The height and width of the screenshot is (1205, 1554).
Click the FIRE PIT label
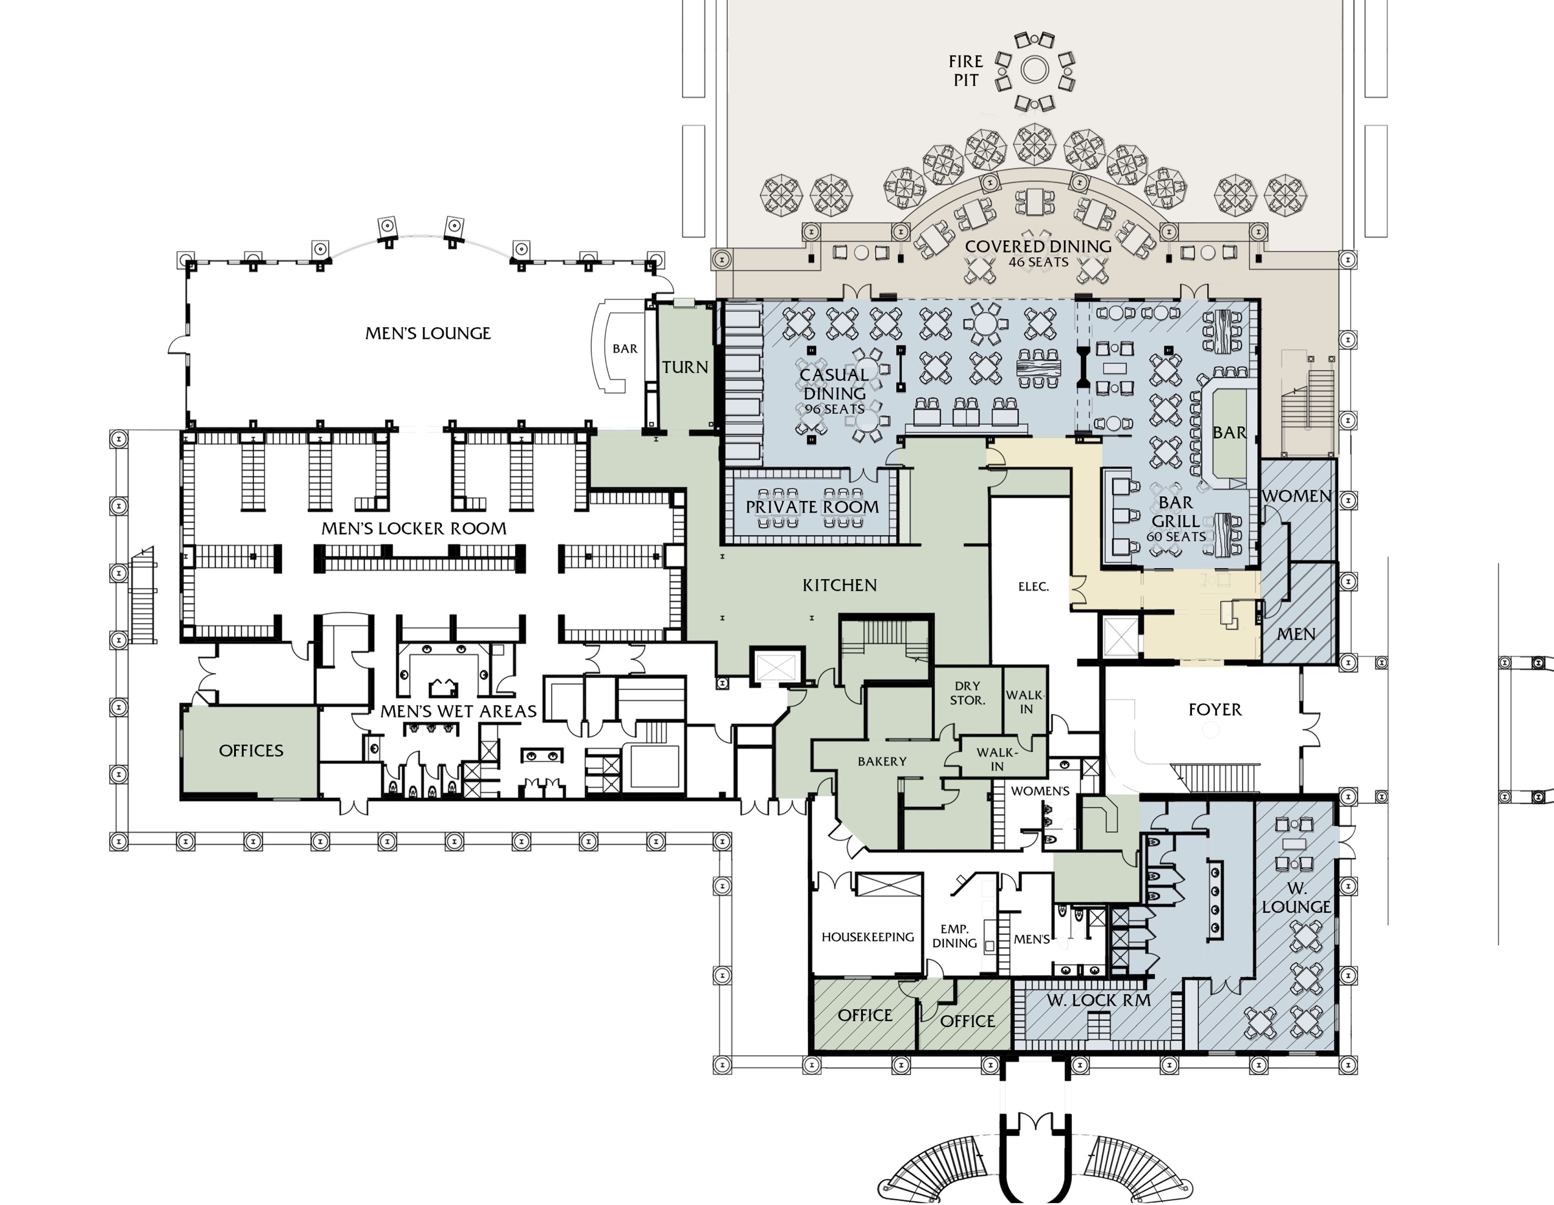pos(965,71)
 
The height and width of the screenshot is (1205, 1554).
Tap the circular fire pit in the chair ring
pos(1035,69)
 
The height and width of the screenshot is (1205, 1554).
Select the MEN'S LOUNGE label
pos(428,333)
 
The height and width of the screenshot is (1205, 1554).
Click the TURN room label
pos(685,368)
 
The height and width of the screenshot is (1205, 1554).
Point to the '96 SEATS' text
pos(835,409)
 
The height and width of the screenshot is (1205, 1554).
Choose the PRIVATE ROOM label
pos(812,507)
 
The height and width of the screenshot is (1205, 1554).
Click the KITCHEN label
pos(840,585)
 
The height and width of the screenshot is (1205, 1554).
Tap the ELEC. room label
pos(1033,586)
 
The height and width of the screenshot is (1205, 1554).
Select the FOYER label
pos(1215,709)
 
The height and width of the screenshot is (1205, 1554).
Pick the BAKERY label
pos(882,761)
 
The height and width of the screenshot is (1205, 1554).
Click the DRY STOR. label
pos(967,693)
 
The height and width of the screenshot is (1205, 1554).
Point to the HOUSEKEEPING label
pos(868,937)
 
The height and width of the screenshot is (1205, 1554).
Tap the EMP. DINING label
pos(954,936)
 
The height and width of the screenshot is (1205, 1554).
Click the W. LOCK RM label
pos(1099,1000)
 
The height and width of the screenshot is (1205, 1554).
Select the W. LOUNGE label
pos(1296,898)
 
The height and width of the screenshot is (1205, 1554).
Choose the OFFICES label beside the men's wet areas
pos(251,750)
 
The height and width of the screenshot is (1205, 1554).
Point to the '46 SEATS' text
pos(1038,262)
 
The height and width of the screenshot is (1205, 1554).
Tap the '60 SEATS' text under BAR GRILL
pos(1176,536)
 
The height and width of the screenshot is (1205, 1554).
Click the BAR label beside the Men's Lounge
pos(625,349)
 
